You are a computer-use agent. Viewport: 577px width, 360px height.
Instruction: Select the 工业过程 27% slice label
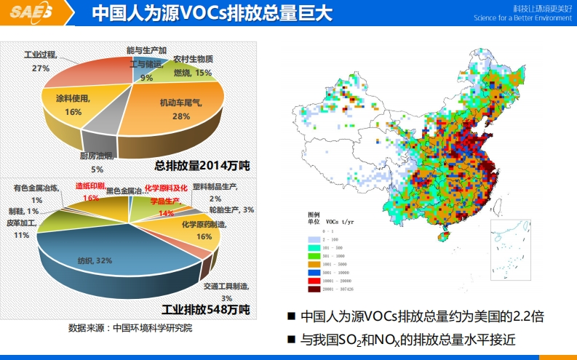coord(41,61)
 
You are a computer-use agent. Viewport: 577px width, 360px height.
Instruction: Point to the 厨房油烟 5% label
coord(97,161)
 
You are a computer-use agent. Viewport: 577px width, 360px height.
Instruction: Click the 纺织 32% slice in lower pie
coord(95,258)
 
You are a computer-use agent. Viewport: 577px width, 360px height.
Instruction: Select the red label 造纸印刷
coord(90,186)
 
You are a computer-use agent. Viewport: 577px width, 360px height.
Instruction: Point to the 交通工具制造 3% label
coord(226,292)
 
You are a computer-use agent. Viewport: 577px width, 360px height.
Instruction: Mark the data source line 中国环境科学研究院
coord(130,328)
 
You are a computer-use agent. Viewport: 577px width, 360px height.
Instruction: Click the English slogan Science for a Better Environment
coord(522,17)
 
